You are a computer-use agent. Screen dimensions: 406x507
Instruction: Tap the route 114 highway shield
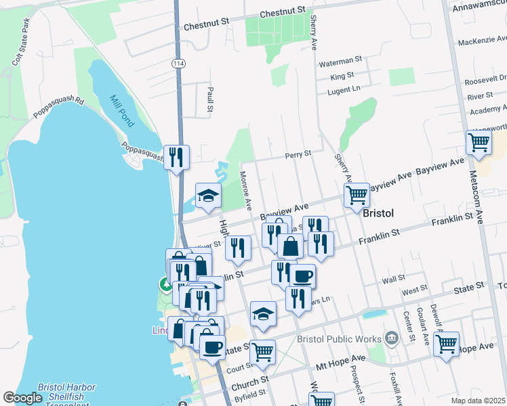[x=178, y=63]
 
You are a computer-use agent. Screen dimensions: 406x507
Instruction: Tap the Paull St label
[x=210, y=99]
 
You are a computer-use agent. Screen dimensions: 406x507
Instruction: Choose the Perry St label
[x=298, y=154]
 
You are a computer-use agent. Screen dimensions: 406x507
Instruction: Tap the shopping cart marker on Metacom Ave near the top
[x=479, y=143]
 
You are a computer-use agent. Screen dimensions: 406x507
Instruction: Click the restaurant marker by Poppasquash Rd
[x=176, y=157]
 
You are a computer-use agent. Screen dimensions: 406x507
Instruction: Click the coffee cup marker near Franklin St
[x=303, y=276]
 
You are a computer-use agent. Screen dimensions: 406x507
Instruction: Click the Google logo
[x=22, y=398]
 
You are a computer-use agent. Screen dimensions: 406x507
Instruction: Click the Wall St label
[x=394, y=278]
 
